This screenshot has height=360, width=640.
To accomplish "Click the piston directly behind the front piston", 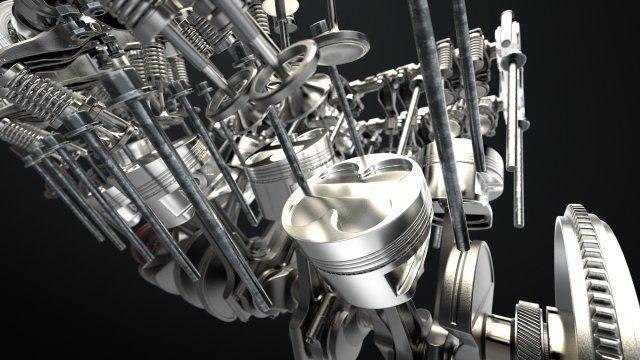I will click(280, 170).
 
